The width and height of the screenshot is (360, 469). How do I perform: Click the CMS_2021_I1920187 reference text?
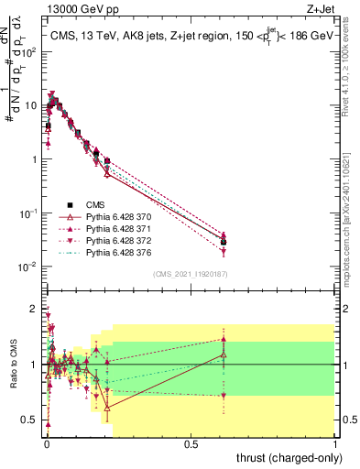click(191, 274)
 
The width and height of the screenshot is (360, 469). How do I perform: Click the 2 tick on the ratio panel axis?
click(34, 308)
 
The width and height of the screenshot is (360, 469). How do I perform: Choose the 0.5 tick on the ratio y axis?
click(31, 420)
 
